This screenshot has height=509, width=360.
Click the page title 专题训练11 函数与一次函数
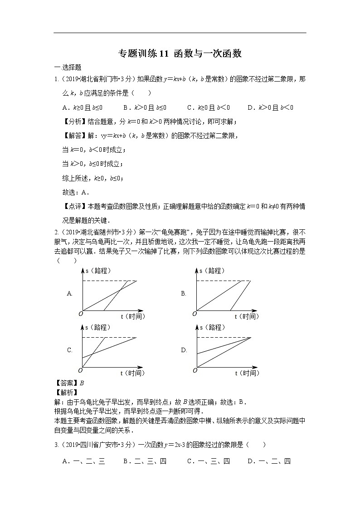[x=180, y=54]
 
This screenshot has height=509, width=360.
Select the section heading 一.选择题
[x=68, y=67]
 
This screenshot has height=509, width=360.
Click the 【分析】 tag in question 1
[x=72, y=121]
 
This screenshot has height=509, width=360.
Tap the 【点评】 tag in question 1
[x=72, y=206]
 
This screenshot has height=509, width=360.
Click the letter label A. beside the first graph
[x=70, y=293]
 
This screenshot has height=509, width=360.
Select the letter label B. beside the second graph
[x=184, y=293]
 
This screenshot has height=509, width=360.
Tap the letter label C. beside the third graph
[x=70, y=350]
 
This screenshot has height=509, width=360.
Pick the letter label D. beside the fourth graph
[x=184, y=350]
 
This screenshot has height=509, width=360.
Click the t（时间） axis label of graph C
[x=133, y=373]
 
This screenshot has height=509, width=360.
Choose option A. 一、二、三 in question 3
[x=83, y=461]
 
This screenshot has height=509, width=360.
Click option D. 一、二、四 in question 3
[x=269, y=461]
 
